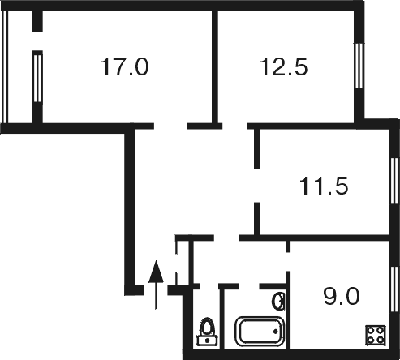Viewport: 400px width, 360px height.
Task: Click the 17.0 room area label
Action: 124,66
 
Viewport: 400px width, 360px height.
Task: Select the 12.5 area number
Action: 283,66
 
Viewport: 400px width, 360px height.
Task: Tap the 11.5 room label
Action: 324,186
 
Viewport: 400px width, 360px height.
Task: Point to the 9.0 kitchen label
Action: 342,296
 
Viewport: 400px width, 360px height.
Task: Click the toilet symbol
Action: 208,332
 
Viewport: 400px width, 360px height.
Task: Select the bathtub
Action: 260,332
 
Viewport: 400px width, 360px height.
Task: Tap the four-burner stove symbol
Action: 376,336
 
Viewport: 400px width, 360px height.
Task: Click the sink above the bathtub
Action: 278,302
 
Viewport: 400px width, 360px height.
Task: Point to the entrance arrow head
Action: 156,272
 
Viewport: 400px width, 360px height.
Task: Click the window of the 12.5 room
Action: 359,66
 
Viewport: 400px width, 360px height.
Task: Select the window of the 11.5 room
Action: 394,181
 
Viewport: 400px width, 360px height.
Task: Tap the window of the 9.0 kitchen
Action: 394,289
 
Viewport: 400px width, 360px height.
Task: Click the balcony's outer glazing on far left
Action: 4,67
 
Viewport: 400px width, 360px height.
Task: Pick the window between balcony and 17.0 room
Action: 37,78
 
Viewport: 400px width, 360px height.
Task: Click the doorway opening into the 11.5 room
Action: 257,186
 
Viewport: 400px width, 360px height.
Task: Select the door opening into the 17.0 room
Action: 170,126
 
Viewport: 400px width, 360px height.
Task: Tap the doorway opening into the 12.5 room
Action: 234,126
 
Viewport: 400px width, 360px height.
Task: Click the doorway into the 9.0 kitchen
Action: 288,262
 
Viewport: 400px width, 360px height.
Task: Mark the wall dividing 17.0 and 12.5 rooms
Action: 215,67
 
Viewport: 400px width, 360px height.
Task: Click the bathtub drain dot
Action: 276,332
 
